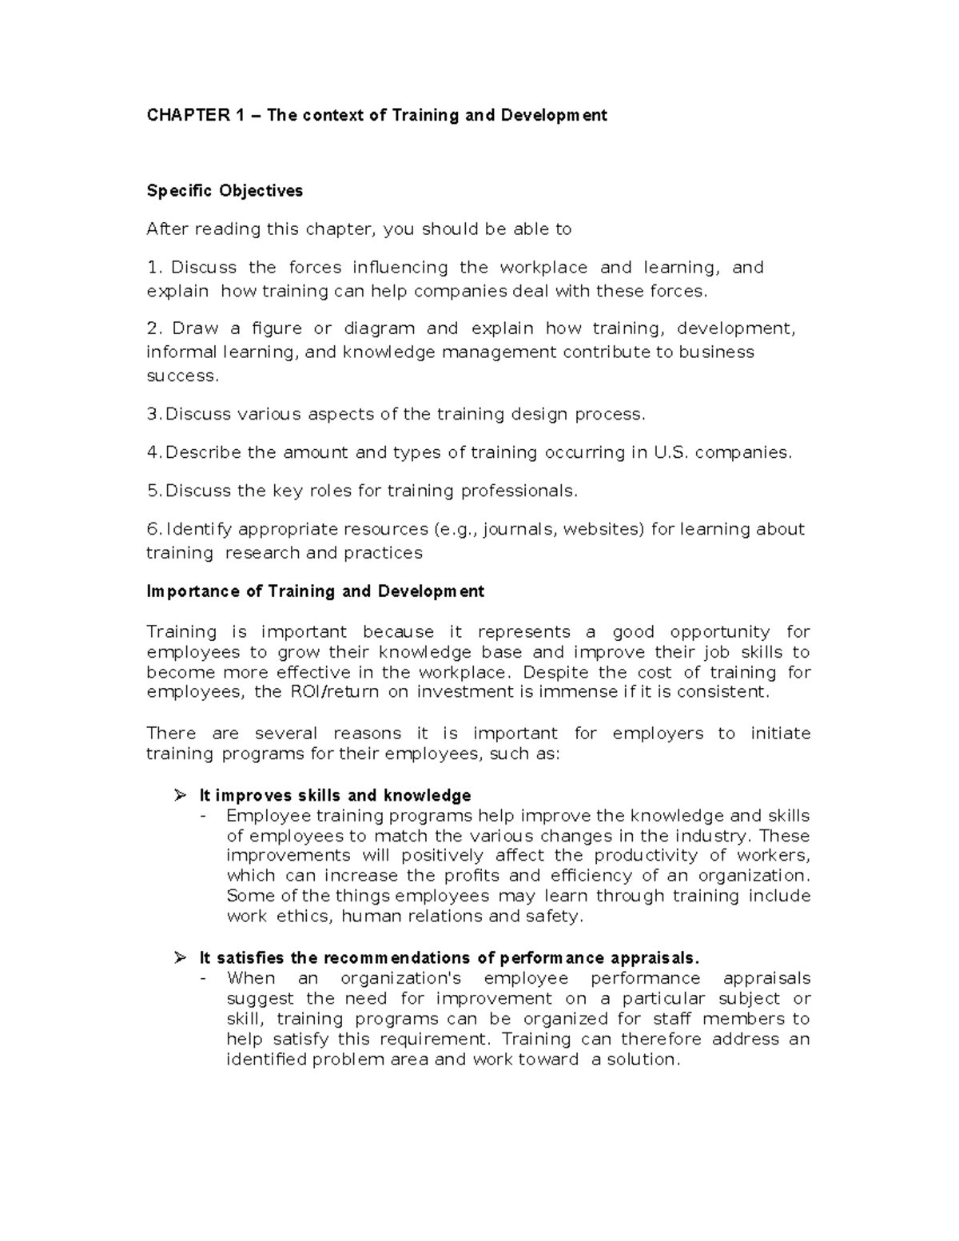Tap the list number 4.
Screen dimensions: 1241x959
click(153, 452)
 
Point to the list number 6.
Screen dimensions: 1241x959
click(153, 529)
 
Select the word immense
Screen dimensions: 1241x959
click(578, 692)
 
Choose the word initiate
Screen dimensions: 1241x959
click(780, 734)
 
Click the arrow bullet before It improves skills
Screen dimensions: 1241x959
click(180, 795)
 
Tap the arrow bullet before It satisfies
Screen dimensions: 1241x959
click(180, 958)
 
